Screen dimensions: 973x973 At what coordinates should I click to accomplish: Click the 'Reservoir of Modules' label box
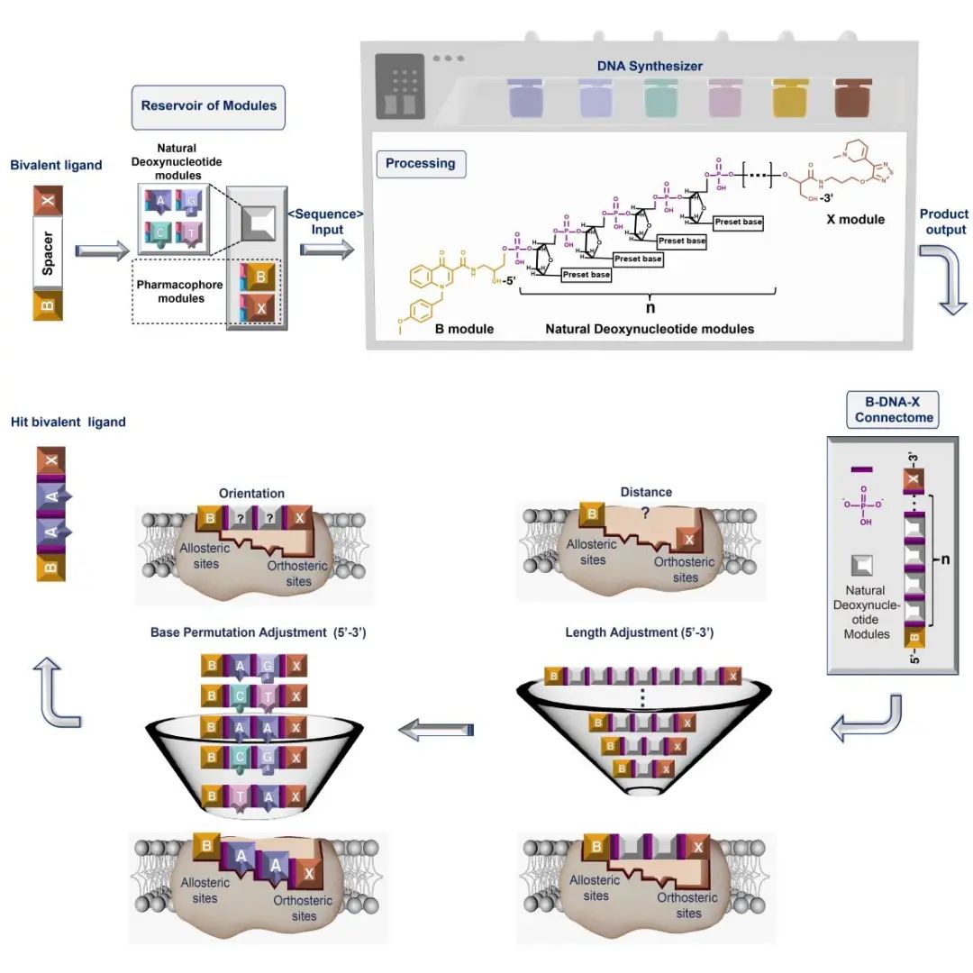click(x=208, y=105)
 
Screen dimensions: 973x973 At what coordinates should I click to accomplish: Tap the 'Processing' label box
click(x=420, y=164)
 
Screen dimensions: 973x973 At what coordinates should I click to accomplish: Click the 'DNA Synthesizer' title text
click(x=650, y=66)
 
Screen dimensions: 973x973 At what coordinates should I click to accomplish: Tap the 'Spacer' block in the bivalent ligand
click(x=48, y=252)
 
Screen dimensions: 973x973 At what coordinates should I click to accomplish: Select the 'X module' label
click(x=855, y=219)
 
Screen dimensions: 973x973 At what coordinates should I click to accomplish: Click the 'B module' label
click(x=464, y=329)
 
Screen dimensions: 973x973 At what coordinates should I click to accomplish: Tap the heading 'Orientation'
click(x=251, y=493)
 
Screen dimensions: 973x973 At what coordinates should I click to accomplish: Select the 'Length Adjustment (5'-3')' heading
click(x=640, y=632)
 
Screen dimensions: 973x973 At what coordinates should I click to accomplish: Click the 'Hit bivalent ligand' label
click(x=68, y=421)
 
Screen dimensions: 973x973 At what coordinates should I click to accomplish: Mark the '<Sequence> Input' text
click(x=325, y=222)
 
